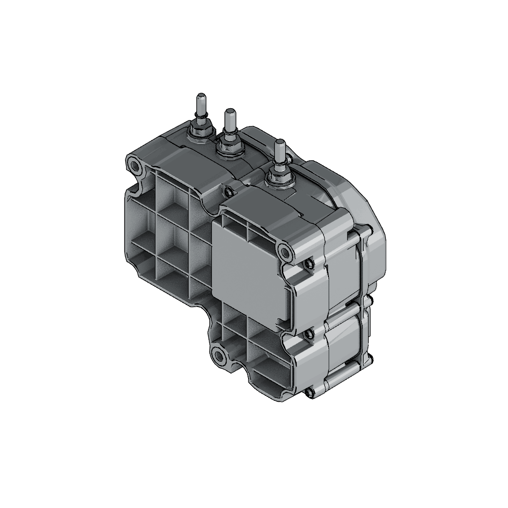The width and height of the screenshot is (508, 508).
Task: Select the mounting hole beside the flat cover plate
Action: tap(285, 252)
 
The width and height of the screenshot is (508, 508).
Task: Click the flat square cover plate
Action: tap(249, 277)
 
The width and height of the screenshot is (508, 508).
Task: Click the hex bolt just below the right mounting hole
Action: tap(308, 264)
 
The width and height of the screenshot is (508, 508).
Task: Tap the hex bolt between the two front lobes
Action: tap(309, 334)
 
